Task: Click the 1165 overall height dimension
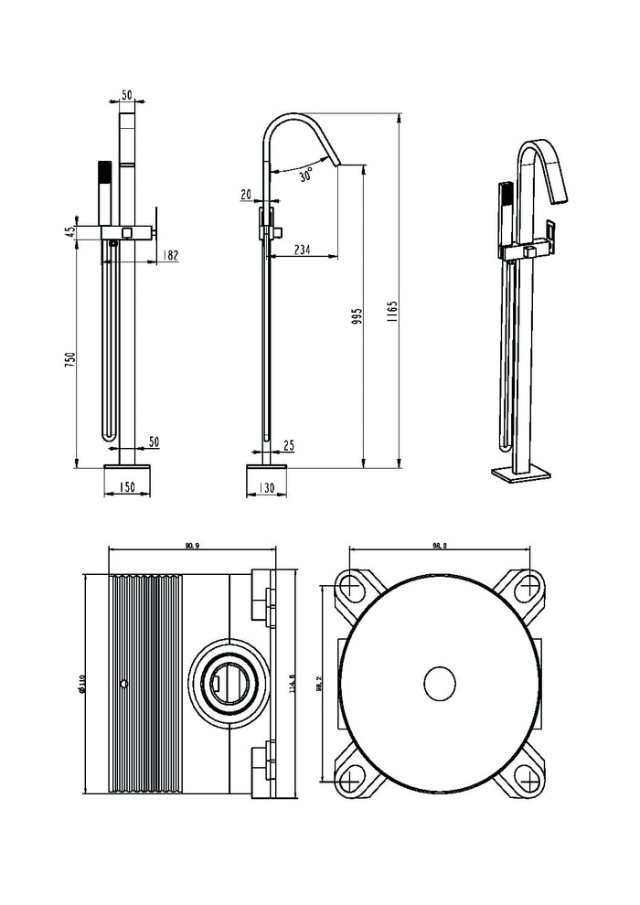click(x=390, y=314)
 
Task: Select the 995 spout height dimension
click(x=357, y=315)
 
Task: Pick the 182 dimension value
click(x=168, y=256)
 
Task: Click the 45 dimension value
click(x=69, y=232)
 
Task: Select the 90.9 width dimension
click(x=192, y=546)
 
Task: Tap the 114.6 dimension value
click(x=291, y=684)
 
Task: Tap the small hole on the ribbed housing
click(x=123, y=683)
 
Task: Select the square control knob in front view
click(x=126, y=232)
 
